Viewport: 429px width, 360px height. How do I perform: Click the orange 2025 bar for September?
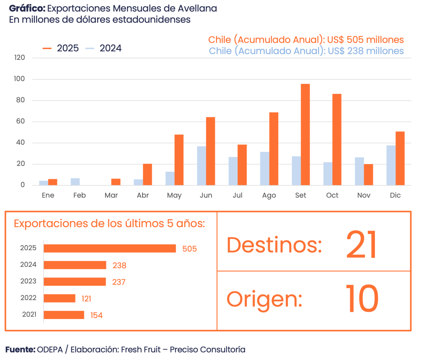tap(305, 134)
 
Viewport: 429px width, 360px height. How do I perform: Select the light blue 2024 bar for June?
tap(202, 166)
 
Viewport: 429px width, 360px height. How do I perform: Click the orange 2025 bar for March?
tap(116, 182)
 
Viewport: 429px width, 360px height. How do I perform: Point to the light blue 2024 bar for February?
tap(75, 182)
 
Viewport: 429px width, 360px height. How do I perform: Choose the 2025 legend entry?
tap(61, 48)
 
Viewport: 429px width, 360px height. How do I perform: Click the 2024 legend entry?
tap(103, 48)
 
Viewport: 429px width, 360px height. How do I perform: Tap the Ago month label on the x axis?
tap(269, 196)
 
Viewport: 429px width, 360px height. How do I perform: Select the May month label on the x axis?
tap(174, 196)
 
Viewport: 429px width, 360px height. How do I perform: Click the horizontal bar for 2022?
tap(59, 298)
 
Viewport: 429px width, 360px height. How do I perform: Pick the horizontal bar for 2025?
tap(110, 249)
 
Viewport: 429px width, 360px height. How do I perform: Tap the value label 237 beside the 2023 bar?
tap(119, 282)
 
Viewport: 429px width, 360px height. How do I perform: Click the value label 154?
tap(96, 316)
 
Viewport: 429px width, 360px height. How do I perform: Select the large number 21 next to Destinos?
tap(362, 245)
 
